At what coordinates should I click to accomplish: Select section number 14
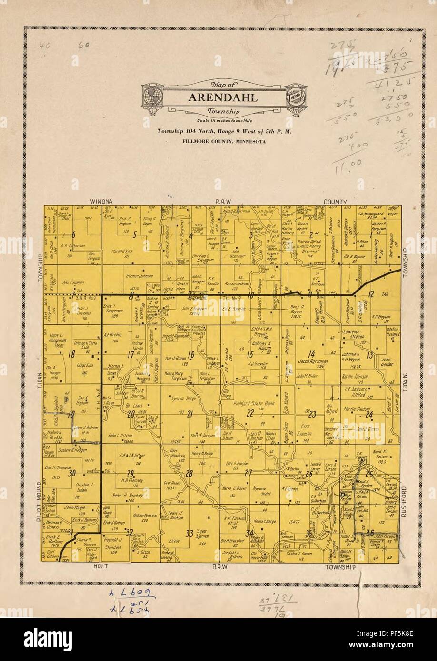coord(312,354)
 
